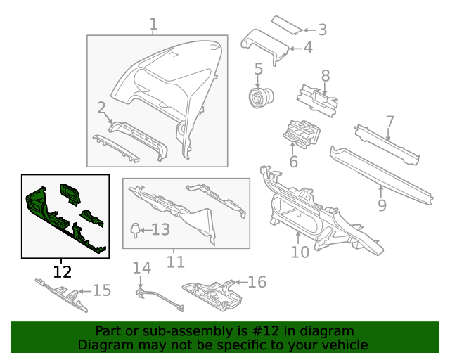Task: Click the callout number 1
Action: (153, 25)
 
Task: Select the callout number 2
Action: (101, 108)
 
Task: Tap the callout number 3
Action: (322, 30)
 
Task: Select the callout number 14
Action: (142, 267)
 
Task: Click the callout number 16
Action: (257, 282)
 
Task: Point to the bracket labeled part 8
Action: (317, 98)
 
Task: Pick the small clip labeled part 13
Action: (134, 229)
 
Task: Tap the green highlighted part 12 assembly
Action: (65, 214)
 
